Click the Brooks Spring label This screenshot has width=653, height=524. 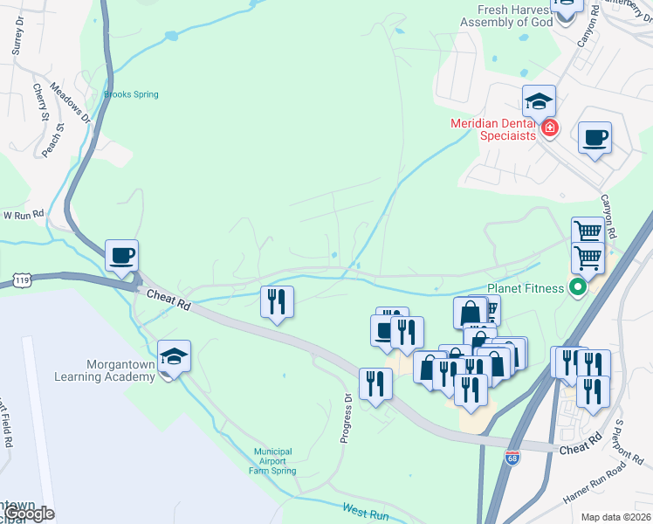tap(131, 94)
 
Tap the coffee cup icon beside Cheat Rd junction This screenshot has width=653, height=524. tap(122, 256)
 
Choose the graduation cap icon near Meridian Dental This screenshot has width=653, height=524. tap(539, 101)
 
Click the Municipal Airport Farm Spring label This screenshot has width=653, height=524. tap(272, 461)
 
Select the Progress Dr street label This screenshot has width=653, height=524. tap(347, 417)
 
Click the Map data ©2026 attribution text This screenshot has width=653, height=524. tap(615, 517)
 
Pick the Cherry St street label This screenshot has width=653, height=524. tap(40, 102)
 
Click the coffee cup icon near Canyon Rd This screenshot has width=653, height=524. tap(595, 138)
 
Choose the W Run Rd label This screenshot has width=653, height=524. tap(23, 214)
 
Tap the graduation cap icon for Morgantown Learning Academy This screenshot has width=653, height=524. tap(175, 356)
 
